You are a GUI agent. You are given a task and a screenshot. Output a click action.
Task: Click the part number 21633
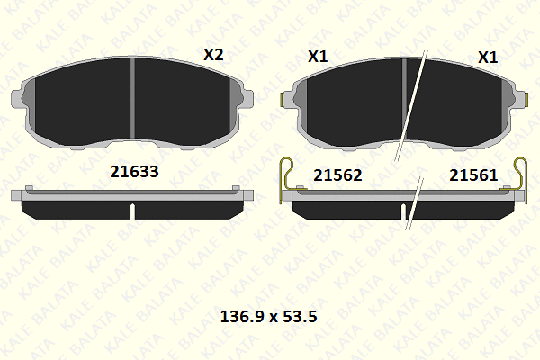click(134, 172)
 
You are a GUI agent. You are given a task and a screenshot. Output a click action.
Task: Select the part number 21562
click(337, 175)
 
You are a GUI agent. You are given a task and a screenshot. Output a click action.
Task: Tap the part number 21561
click(473, 175)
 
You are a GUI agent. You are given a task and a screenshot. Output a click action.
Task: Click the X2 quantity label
click(213, 55)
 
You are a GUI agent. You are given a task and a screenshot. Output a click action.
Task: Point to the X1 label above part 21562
click(318, 57)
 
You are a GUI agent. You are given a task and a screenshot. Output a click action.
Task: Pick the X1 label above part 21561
click(488, 58)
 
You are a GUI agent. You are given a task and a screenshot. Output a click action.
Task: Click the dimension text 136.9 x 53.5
click(268, 316)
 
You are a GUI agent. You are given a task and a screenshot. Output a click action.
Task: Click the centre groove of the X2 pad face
click(132, 98)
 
